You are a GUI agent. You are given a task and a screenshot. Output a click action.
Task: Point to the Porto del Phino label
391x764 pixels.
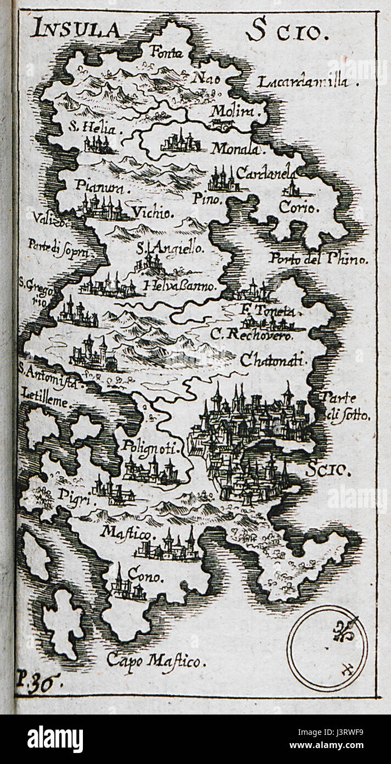[318, 259]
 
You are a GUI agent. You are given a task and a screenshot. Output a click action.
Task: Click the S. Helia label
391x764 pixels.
[92, 129]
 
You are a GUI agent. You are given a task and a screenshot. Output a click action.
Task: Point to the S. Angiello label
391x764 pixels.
[170, 248]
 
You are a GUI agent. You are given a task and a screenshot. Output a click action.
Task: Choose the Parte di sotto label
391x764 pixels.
[346, 407]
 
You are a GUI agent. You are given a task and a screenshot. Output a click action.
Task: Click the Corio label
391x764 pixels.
[298, 208]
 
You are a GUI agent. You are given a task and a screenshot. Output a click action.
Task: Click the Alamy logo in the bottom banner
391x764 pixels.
[55, 740]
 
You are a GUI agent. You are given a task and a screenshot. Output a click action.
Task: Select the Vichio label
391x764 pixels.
[152, 212]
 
